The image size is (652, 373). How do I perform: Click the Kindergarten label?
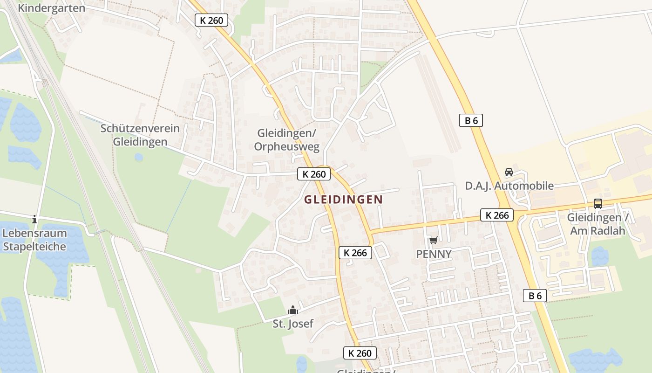(x=51, y=8)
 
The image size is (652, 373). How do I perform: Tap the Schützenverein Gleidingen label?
(x=140, y=135)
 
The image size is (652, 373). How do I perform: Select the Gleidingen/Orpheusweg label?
(x=287, y=140)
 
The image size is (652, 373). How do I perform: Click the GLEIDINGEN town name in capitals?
(x=343, y=200)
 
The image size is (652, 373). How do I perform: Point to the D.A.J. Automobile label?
(x=509, y=186)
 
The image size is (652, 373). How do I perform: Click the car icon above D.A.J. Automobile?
(x=509, y=172)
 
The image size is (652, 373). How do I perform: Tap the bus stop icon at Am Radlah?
(x=598, y=204)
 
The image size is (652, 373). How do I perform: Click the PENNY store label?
(x=434, y=254)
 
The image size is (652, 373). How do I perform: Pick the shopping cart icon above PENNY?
(x=434, y=241)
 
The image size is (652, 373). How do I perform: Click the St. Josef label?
(x=293, y=324)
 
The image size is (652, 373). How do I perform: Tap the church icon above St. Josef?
(x=293, y=310)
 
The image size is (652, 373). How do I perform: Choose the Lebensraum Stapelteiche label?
(x=34, y=240)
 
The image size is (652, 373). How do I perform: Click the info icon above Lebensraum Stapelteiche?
(x=34, y=219)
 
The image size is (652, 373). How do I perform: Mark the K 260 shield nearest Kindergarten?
(x=211, y=20)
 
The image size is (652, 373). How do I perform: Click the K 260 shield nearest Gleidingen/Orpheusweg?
(x=314, y=174)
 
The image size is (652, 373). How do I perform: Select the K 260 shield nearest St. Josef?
(x=360, y=353)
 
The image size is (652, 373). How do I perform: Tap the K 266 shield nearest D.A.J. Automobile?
(x=497, y=215)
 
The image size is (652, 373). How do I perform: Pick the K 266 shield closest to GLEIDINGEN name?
(x=355, y=253)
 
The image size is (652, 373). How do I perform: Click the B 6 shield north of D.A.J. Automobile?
(x=471, y=120)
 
